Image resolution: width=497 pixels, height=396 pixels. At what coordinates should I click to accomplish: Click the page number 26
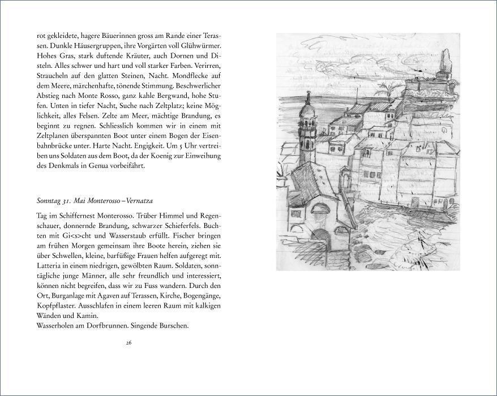pyautogui.click(x=129, y=343)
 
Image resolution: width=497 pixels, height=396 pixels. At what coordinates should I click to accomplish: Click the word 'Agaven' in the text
pyautogui.click(x=118, y=295)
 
